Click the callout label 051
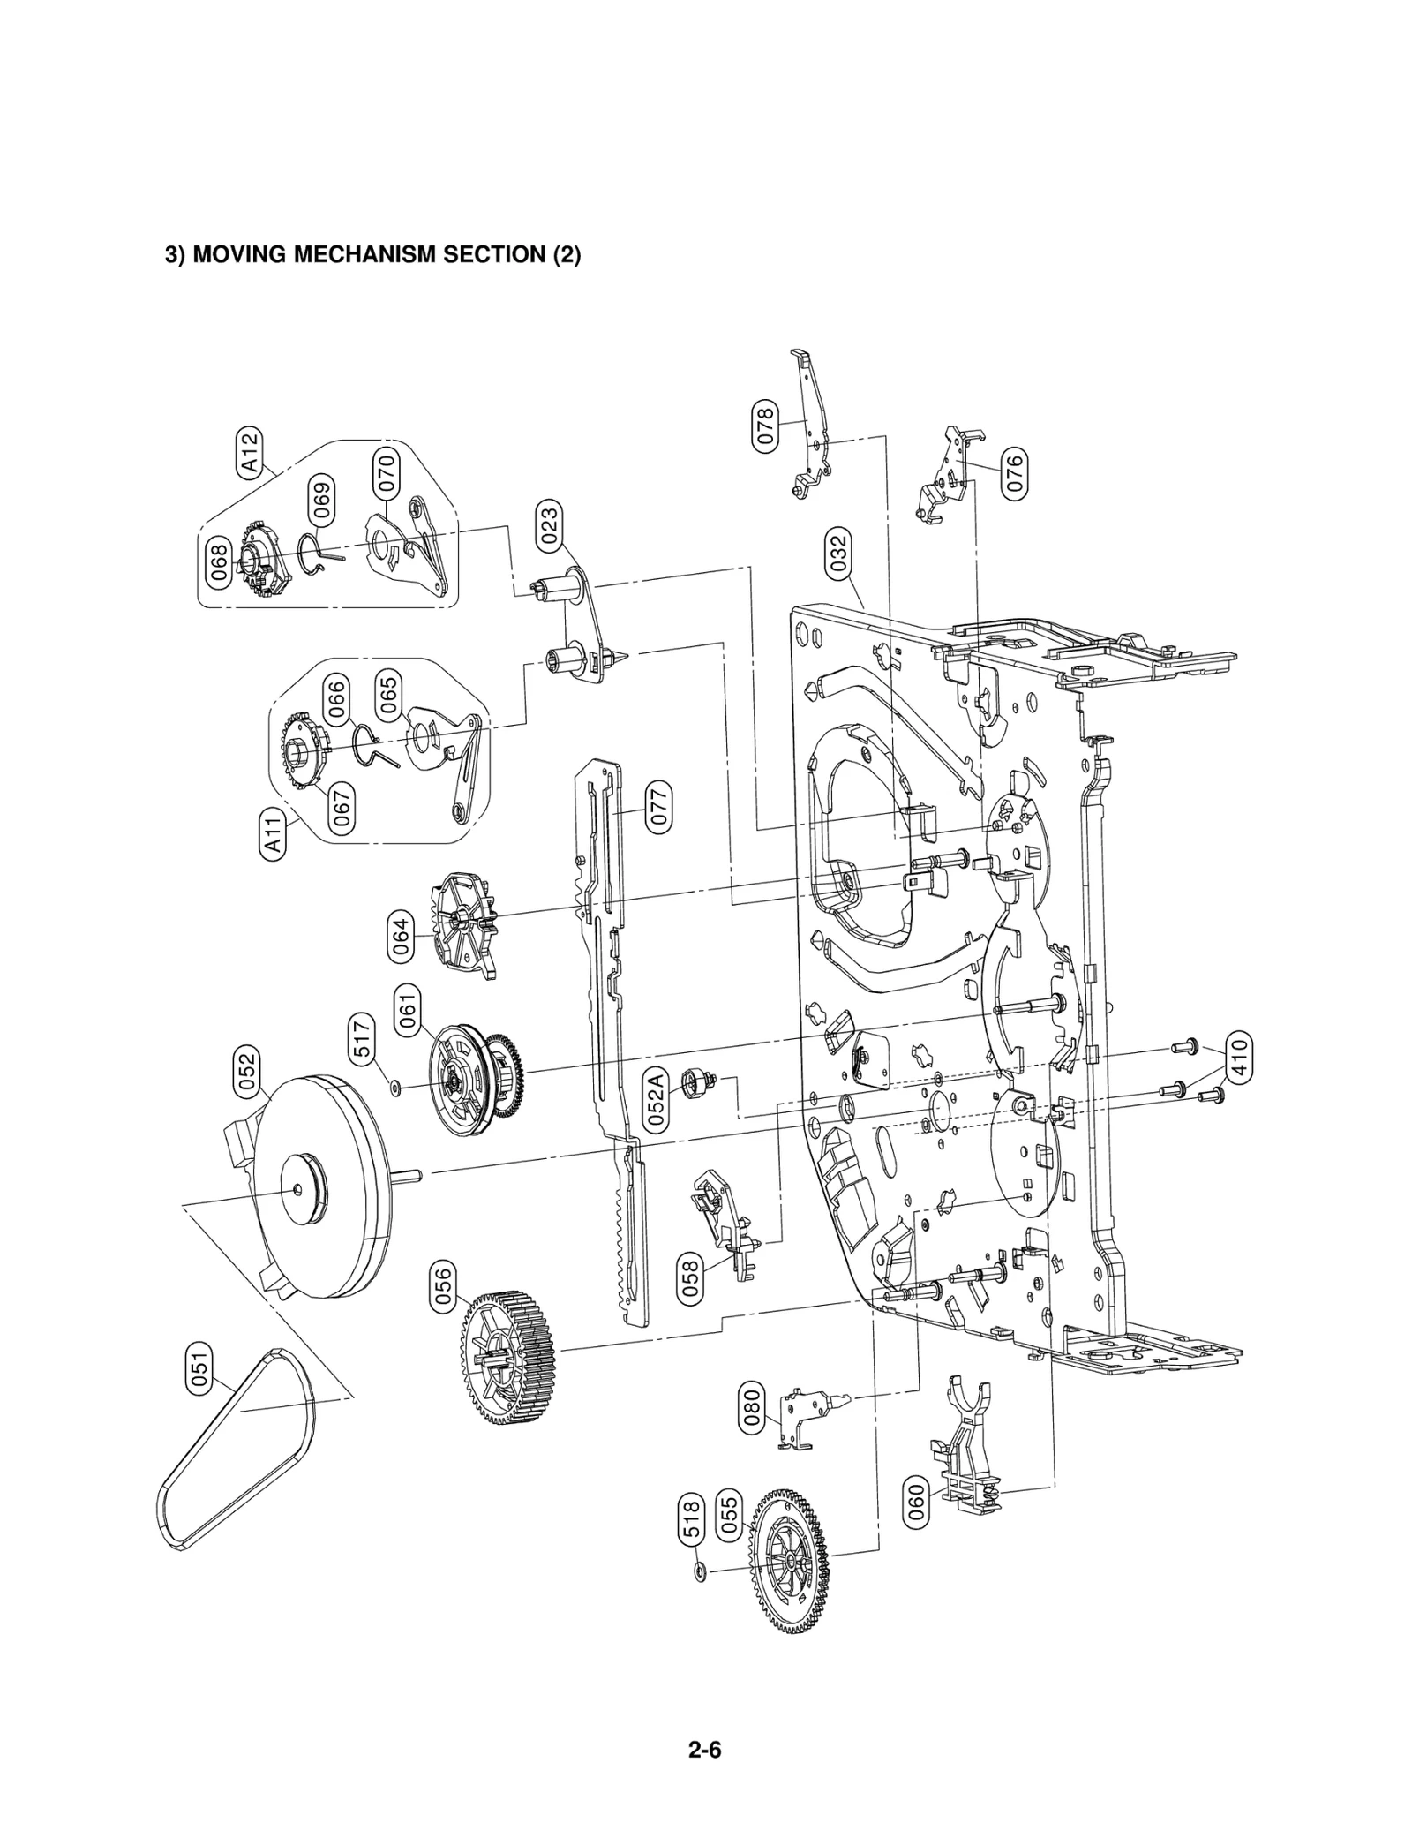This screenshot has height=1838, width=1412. click(200, 1369)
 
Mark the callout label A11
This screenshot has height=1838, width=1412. click(274, 833)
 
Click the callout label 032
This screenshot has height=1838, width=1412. click(838, 553)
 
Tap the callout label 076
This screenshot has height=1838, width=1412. click(1015, 473)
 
